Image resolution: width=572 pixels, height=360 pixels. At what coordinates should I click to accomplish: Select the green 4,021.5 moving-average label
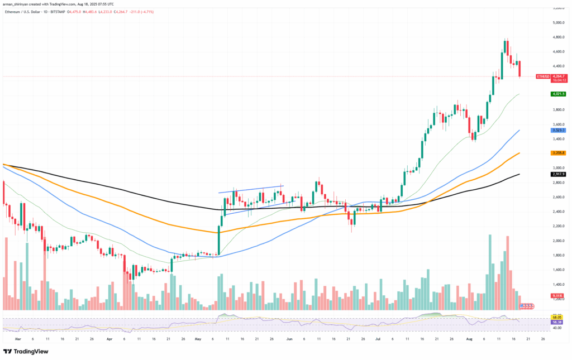click(x=559, y=94)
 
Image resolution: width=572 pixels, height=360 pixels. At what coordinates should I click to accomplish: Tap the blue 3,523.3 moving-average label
click(x=559, y=130)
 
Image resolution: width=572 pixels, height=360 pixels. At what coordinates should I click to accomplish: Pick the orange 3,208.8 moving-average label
click(x=559, y=152)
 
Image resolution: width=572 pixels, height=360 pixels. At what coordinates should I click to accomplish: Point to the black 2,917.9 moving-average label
click(x=559, y=174)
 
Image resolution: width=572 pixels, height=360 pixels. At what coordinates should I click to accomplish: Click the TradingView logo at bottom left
click(x=26, y=352)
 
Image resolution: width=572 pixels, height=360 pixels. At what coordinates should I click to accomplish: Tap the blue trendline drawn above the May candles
click(x=251, y=189)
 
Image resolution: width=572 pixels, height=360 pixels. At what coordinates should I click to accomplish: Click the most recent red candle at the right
click(x=519, y=69)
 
